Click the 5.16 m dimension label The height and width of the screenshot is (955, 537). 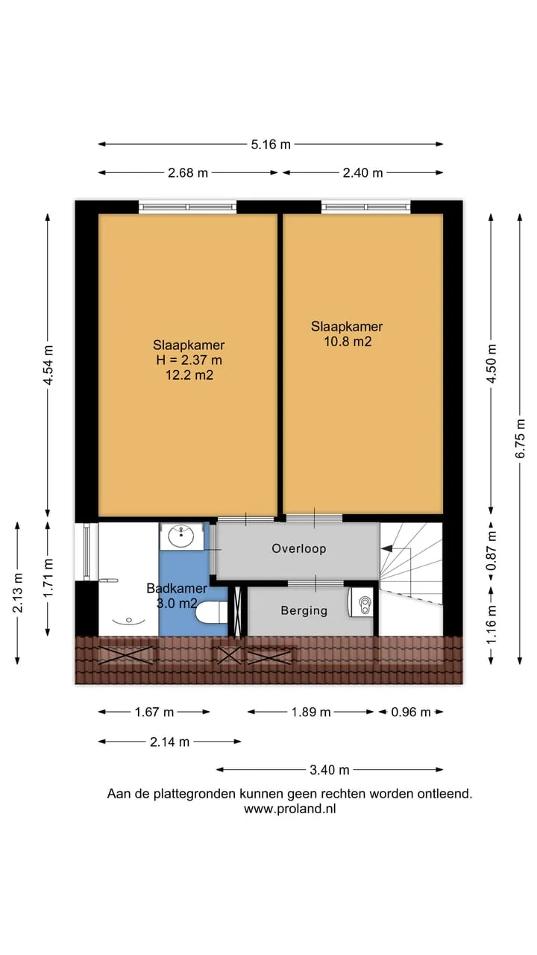pyautogui.click(x=271, y=145)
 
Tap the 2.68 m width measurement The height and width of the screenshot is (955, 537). pyautogui.click(x=188, y=172)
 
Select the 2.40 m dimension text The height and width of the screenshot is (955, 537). pyautogui.click(x=362, y=172)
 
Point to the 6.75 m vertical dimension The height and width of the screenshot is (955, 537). pyautogui.click(x=520, y=439)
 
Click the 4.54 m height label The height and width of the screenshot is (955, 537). pyautogui.click(x=48, y=365)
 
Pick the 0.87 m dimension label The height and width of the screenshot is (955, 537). pyautogui.click(x=492, y=551)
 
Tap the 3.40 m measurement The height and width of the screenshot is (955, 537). pyautogui.click(x=330, y=769)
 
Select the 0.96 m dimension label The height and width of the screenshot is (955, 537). pyautogui.click(x=411, y=712)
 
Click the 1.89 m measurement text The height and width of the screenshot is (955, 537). pyautogui.click(x=311, y=712)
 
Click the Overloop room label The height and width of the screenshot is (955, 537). pyautogui.click(x=299, y=548)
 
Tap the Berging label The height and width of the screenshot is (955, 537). pyautogui.click(x=304, y=610)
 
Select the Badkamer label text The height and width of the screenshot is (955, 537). pyautogui.click(x=177, y=589)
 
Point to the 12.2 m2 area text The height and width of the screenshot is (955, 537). pyautogui.click(x=189, y=375)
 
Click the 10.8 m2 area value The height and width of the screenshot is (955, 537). pyautogui.click(x=348, y=342)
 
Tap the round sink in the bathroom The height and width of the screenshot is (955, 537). pyautogui.click(x=181, y=536)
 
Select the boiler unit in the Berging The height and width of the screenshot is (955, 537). pyautogui.click(x=361, y=602)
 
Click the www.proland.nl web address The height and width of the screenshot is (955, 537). pyautogui.click(x=290, y=809)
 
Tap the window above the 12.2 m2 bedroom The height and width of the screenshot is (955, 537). pyautogui.click(x=187, y=207)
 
